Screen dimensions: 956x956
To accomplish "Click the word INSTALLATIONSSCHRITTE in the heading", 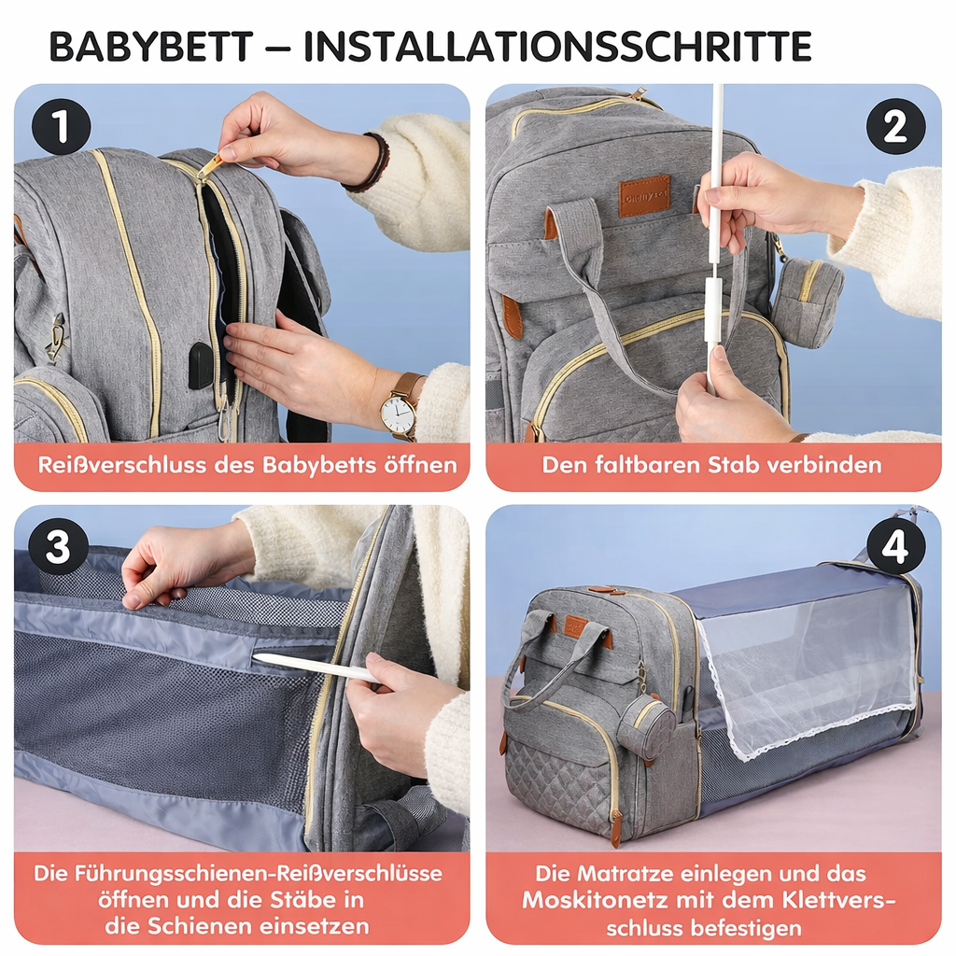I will tap(557, 47).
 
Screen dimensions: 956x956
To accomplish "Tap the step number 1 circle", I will tap(61, 127).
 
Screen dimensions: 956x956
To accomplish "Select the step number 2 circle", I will tap(895, 127).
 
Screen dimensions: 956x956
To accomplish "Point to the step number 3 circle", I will tap(58, 547).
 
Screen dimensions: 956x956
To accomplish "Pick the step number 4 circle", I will tap(895, 547).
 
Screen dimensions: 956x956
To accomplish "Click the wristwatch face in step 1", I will tap(399, 412).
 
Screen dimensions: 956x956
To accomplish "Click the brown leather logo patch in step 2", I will tap(644, 196).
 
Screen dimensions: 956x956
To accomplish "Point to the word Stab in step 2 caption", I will tap(729, 465).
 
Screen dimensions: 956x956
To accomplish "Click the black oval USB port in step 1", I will tap(200, 365).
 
